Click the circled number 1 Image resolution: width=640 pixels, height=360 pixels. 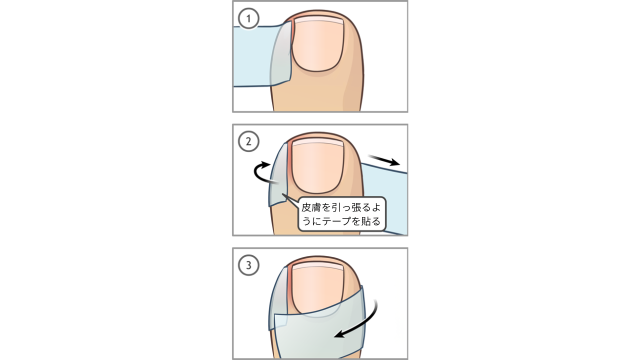248,18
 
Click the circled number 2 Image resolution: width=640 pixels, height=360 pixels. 248,141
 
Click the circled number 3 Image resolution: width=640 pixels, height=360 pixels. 248,265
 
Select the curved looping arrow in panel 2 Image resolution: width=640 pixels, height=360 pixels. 258,172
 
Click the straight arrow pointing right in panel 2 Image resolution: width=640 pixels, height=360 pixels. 383,160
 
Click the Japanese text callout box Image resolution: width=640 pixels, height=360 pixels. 341,213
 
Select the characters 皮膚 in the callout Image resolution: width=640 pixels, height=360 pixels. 311,207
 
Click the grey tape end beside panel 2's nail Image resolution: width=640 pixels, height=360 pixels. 278,175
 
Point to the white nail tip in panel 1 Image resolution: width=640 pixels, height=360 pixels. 319,20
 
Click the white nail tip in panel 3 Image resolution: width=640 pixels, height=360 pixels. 317,266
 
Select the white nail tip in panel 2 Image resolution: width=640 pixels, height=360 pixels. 317,143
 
